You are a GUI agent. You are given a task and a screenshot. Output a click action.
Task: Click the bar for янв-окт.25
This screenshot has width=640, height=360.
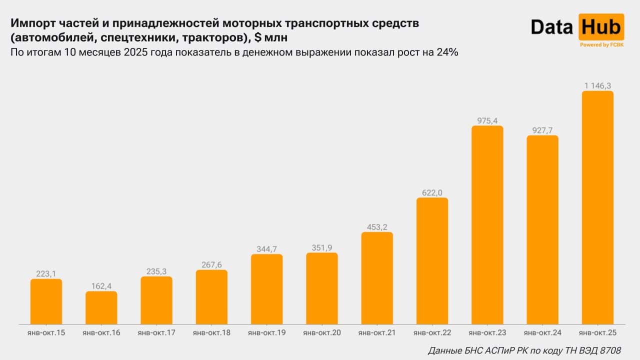tap(597, 207)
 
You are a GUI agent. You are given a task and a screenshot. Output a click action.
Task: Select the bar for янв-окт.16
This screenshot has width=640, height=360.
tap(101, 307)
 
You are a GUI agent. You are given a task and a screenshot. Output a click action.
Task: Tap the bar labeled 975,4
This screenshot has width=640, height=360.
tap(487, 225)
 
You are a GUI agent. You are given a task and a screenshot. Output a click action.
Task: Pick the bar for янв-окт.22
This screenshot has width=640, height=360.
tap(432, 261)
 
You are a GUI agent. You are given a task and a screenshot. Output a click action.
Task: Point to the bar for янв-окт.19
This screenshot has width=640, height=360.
tap(267, 289)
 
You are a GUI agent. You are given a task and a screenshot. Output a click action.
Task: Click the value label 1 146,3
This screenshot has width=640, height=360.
tap(597, 86)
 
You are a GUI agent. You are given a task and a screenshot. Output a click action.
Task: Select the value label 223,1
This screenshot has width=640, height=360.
tap(46, 273)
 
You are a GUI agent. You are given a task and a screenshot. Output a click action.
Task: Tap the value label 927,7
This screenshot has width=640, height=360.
tap(542, 130)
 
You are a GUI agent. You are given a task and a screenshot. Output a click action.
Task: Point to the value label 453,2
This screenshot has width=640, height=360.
tap(377, 227)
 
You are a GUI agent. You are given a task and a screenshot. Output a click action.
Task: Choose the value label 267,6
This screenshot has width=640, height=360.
tap(211, 265)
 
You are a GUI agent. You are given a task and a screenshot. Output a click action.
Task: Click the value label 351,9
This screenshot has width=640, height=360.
tap(322, 247)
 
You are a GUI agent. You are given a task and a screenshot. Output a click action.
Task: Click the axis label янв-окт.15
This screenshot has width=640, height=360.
tap(46, 332)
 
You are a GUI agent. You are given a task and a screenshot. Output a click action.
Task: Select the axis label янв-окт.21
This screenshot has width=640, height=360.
tap(377, 332)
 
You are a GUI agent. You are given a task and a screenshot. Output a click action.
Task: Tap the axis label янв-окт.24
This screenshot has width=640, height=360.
tap(542, 332)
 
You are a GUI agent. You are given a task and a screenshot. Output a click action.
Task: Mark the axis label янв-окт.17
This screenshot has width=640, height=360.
tap(156, 332)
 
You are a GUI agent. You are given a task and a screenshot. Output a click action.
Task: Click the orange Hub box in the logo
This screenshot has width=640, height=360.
tap(601, 27)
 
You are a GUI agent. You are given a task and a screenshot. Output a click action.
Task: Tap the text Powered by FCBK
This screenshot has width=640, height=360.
tap(601, 45)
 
